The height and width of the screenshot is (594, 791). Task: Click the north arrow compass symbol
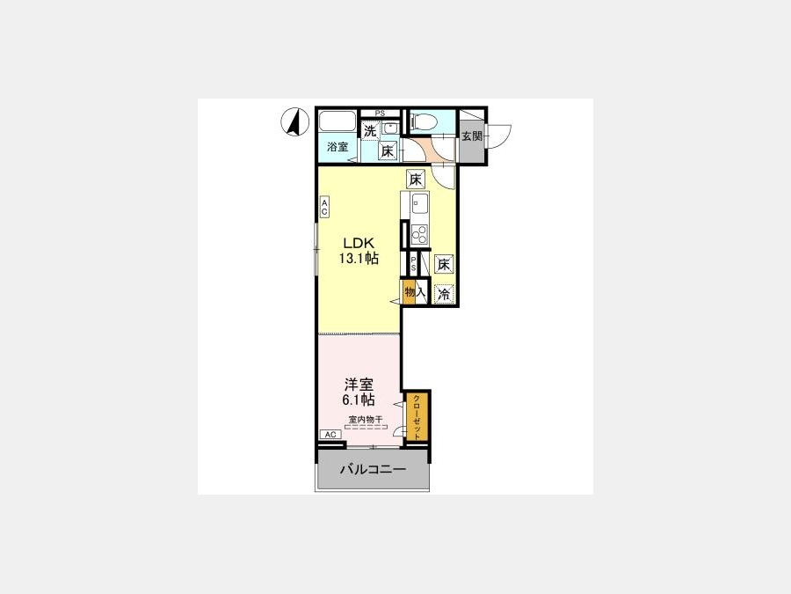(294, 122)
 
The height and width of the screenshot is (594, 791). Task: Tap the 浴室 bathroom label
(337, 148)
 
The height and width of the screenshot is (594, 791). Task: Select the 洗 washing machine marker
(370, 131)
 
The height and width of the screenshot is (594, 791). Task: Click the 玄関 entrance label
(472, 136)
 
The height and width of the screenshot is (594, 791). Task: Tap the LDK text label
(359, 242)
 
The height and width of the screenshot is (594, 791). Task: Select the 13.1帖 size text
(359, 259)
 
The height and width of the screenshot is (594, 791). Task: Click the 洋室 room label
(359, 385)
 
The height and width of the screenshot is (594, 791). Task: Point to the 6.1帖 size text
(359, 400)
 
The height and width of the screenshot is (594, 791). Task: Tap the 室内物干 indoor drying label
(366, 419)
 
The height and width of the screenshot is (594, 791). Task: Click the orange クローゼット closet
(417, 417)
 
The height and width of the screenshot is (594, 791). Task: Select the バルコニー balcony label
(373, 470)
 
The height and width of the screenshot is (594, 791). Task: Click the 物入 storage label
(415, 292)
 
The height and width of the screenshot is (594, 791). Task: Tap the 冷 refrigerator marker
(444, 294)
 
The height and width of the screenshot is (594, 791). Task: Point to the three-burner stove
(419, 234)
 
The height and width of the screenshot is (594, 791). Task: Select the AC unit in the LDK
(324, 207)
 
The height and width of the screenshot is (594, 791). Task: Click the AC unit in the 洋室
(330, 435)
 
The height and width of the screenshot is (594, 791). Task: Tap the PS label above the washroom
(380, 114)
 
